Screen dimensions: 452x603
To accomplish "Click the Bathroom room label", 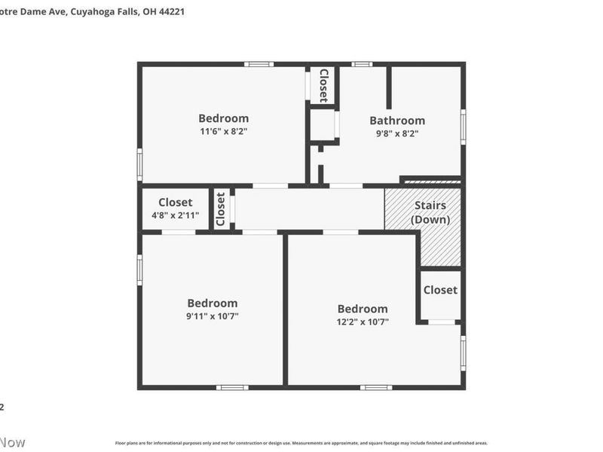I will (396, 121).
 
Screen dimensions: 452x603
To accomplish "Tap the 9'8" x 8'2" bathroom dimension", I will (396, 133).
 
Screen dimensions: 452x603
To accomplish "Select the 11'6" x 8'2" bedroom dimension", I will (223, 131).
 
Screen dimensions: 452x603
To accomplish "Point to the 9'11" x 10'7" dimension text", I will (213, 316).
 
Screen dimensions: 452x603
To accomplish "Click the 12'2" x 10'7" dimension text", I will (363, 322).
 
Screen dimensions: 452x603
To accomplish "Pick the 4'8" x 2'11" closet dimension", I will (176, 215).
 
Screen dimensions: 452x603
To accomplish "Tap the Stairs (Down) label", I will (430, 212).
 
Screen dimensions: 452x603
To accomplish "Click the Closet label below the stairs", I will (440, 290).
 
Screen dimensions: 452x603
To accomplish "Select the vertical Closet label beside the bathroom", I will (323, 85).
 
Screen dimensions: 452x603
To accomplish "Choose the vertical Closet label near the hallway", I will (221, 209).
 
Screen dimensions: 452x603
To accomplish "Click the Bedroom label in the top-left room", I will (223, 118).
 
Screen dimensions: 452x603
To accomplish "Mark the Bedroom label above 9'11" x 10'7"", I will (213, 304).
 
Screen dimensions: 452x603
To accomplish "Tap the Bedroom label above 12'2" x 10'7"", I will (363, 309).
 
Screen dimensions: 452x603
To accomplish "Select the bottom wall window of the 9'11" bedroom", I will (232, 387).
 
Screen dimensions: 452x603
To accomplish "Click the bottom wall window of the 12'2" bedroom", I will (375, 387).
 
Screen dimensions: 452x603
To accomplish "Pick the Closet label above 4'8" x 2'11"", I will (176, 203).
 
